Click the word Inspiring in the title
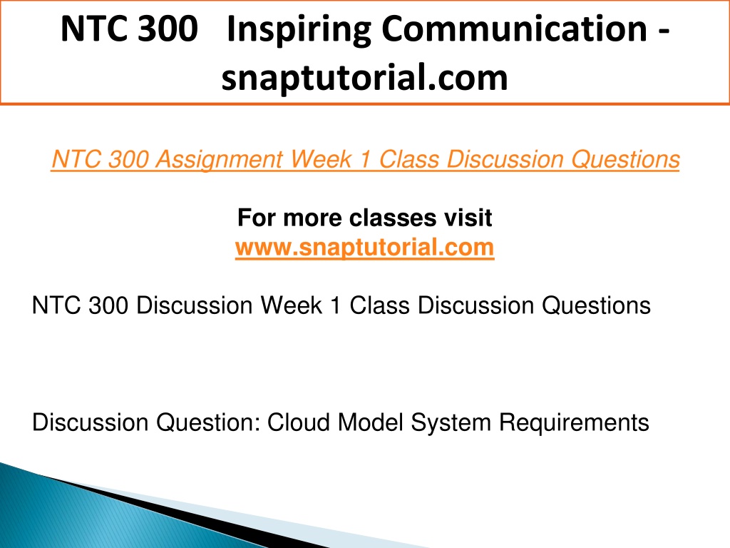(299, 30)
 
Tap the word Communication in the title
(515, 29)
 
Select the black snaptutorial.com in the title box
(364, 78)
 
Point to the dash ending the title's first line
(664, 33)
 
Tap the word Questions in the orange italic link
(625, 160)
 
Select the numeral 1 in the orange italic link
(365, 159)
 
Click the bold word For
(257, 218)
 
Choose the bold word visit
(468, 218)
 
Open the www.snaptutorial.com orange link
(364, 247)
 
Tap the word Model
(370, 422)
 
